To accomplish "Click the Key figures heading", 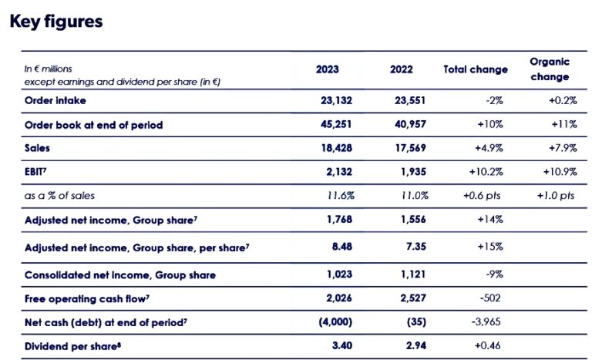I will click(55, 22).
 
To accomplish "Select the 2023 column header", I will click(328, 69).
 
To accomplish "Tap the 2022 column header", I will click(402, 69).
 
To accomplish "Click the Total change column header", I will click(476, 69).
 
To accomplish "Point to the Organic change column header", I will click(550, 69).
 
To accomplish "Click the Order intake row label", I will click(55, 100).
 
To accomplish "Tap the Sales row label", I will click(38, 149).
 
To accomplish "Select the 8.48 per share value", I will click(341, 247).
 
